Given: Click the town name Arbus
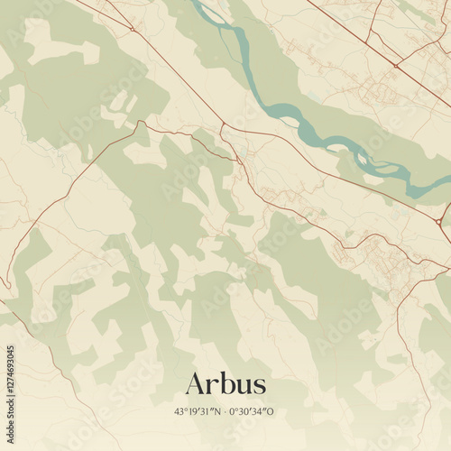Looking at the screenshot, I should [x=225, y=384].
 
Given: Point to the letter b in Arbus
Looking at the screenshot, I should [x=224, y=383].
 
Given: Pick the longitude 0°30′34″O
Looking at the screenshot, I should [x=253, y=411].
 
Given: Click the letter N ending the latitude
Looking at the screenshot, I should [x=219, y=411].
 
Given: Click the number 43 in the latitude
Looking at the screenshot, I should [x=179, y=411].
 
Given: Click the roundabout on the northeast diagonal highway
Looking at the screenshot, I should [x=395, y=65].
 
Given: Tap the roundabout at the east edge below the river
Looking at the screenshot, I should [x=439, y=221].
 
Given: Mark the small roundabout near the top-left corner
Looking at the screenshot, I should [x=132, y=29].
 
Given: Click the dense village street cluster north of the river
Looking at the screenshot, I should [x=379, y=90].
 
